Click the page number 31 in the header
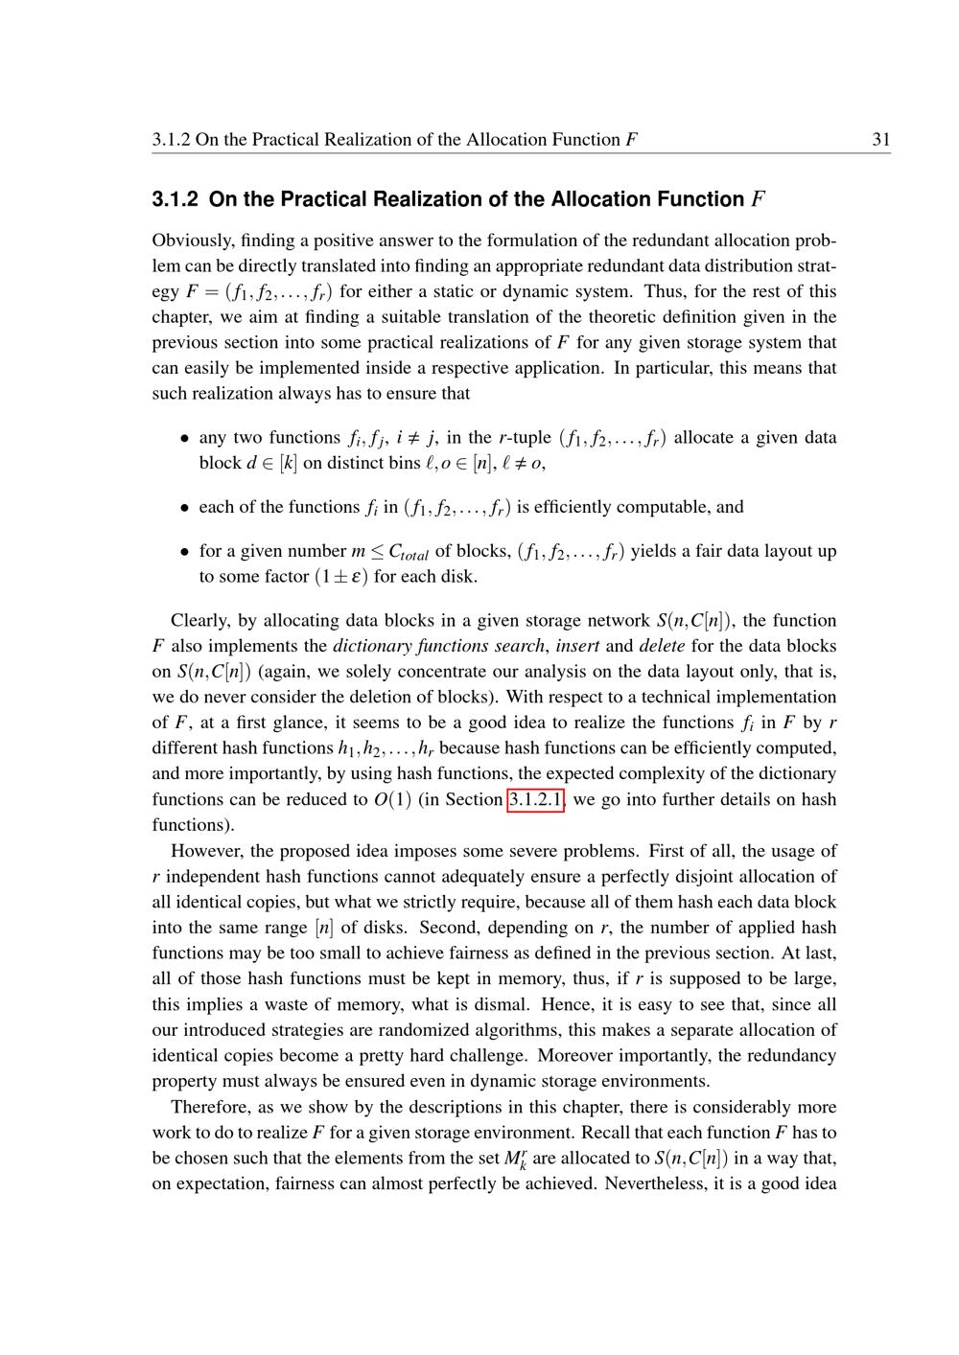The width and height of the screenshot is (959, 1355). [x=881, y=140]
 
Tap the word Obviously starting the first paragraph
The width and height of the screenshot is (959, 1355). [x=189, y=241]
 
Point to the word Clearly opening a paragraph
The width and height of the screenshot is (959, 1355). [x=200, y=621]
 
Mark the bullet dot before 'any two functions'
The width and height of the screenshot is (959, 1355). [x=185, y=439]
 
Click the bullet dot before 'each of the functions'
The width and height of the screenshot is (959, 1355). [x=185, y=508]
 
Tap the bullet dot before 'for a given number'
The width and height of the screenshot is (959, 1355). [x=185, y=552]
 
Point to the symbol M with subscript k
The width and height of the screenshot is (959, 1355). [x=516, y=1159]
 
